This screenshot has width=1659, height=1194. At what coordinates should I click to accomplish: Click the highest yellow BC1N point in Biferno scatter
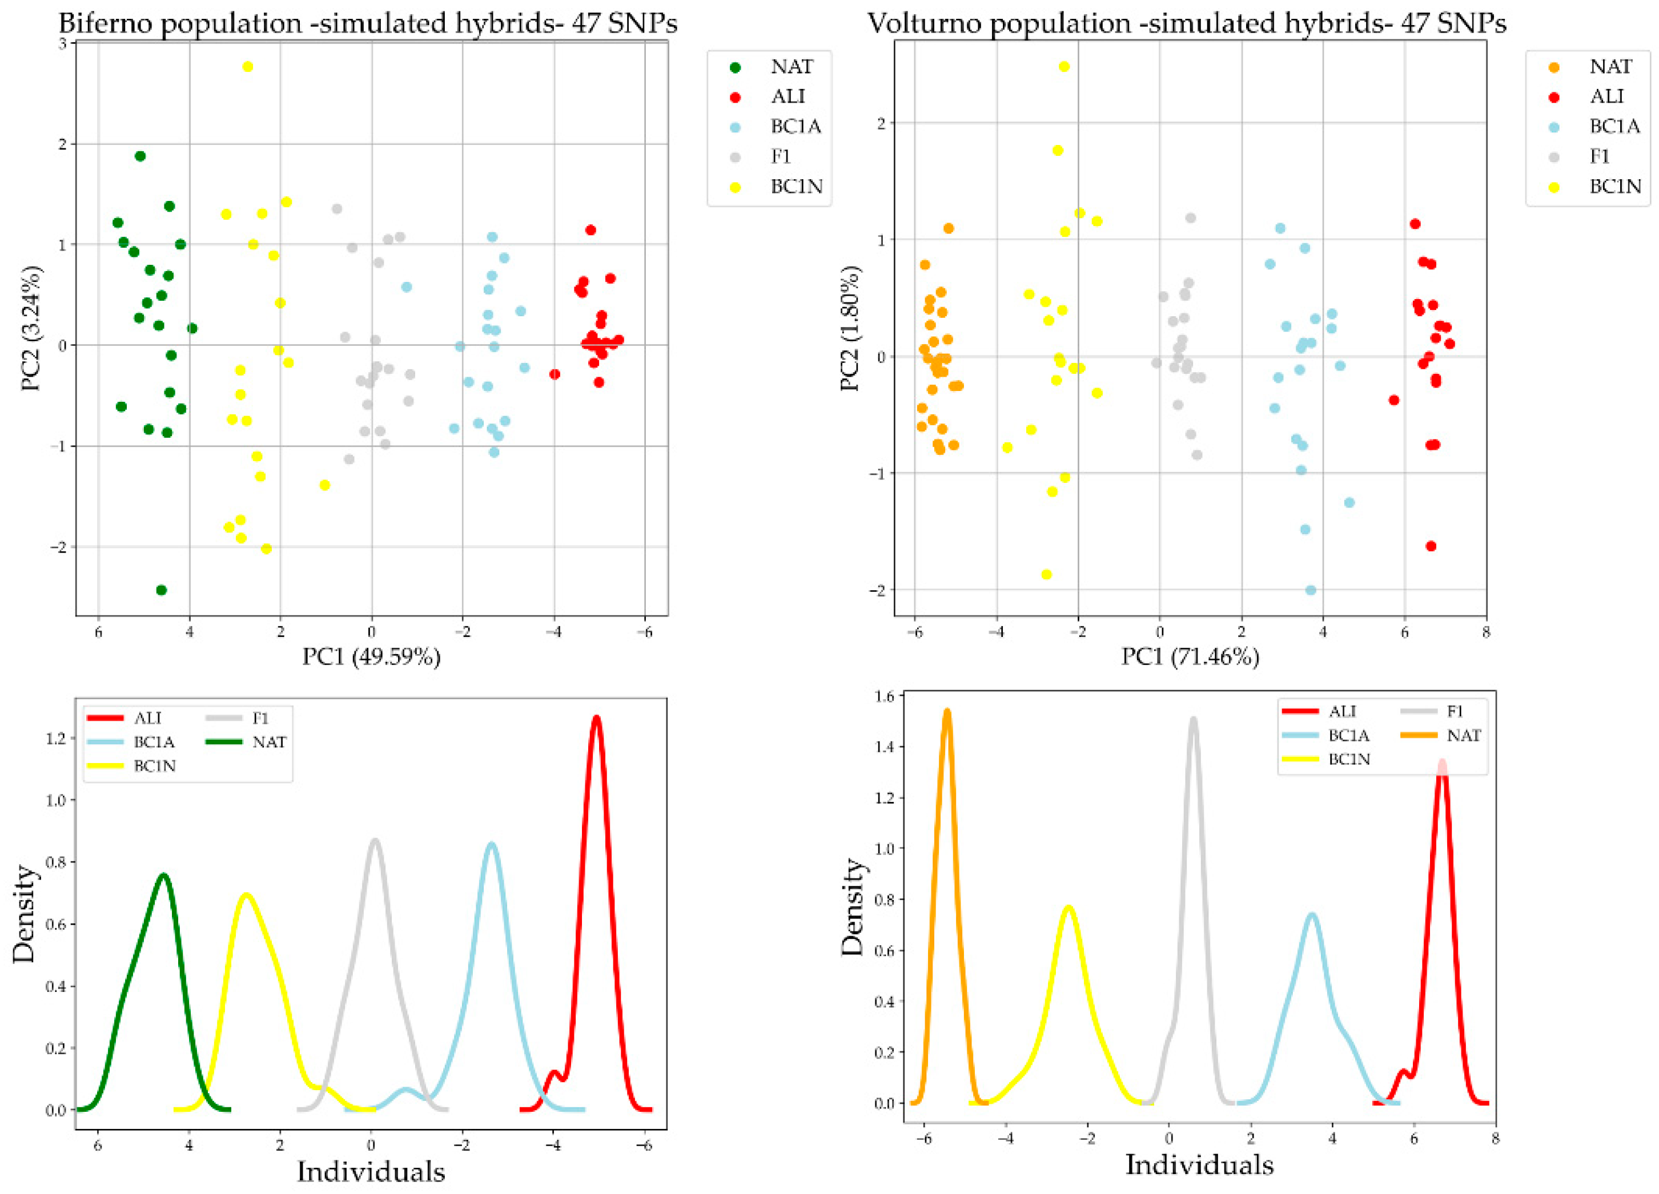click(x=247, y=67)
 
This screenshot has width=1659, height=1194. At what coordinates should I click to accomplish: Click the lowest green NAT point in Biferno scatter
click(x=162, y=590)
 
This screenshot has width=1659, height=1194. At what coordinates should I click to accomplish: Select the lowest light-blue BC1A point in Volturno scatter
click(x=1311, y=590)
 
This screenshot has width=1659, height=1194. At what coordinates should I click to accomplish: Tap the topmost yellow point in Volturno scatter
click(x=1065, y=67)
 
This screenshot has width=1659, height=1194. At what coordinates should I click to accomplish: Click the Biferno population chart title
click(x=367, y=23)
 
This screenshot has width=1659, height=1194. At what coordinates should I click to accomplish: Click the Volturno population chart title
click(x=1187, y=23)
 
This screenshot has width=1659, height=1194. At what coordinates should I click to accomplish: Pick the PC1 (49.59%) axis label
click(x=372, y=657)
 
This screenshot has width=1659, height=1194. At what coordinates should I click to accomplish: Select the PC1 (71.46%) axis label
click(x=1190, y=657)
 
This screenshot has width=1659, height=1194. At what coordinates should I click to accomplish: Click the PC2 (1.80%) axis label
click(x=850, y=329)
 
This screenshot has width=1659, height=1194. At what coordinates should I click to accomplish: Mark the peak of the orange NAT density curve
click(x=947, y=710)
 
